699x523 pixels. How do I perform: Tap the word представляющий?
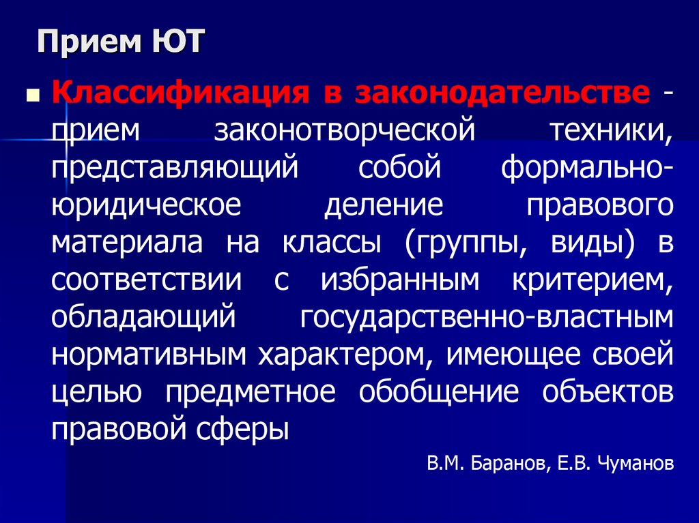175,168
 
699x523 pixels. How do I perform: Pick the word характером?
343,355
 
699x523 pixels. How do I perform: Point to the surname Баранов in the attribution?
504,464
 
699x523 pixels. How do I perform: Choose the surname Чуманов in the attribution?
635,464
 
